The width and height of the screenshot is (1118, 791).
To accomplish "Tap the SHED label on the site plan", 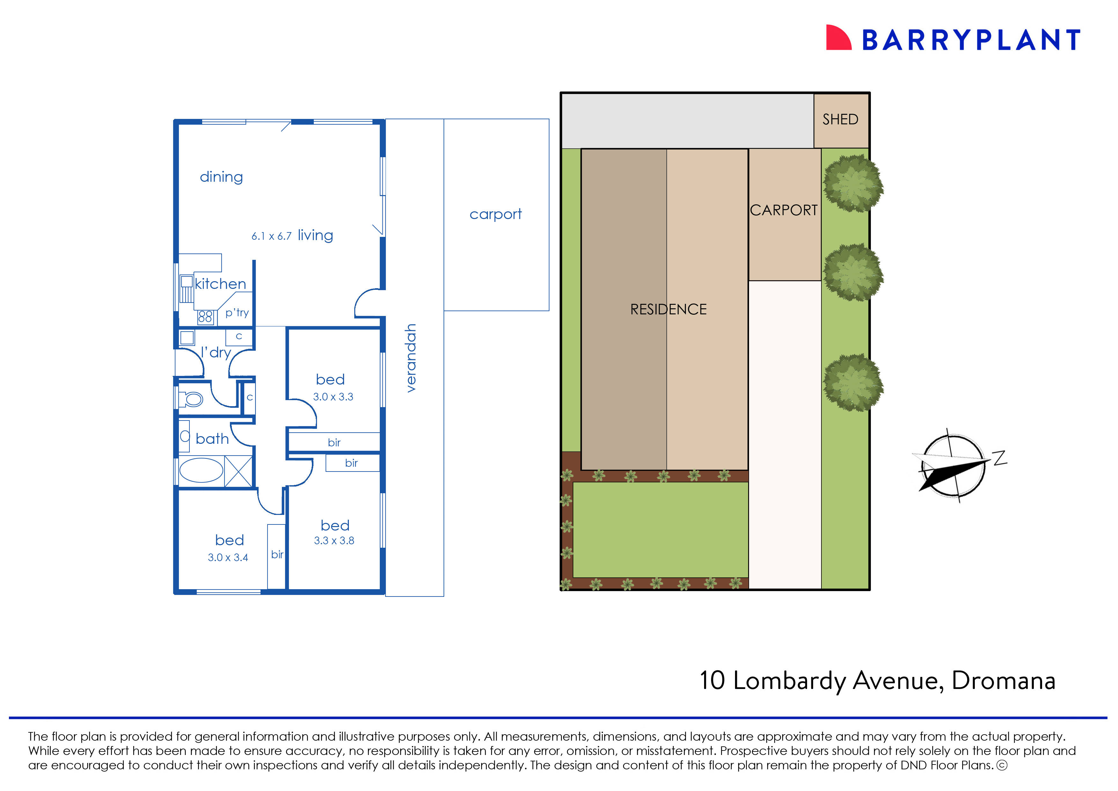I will click(x=840, y=119).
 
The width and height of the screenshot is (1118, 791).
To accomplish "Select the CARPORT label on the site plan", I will click(x=783, y=210).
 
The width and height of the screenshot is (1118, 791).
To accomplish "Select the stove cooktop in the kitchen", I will click(x=205, y=317).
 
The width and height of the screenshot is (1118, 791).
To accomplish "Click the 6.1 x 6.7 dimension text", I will click(x=271, y=237).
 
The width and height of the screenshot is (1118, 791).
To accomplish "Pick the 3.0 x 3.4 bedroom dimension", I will click(x=228, y=558).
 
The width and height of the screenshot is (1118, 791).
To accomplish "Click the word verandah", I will click(x=411, y=358).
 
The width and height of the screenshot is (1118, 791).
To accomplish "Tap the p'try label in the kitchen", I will click(x=237, y=313).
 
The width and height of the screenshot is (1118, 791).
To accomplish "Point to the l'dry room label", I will click(x=216, y=352).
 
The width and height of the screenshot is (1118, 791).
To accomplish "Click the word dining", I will click(x=221, y=177).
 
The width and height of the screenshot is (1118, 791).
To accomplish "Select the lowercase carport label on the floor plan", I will click(x=496, y=214).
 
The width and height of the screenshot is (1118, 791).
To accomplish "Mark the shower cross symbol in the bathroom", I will click(x=238, y=471).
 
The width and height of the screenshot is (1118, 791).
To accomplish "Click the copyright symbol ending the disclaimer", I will click(x=1002, y=765).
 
